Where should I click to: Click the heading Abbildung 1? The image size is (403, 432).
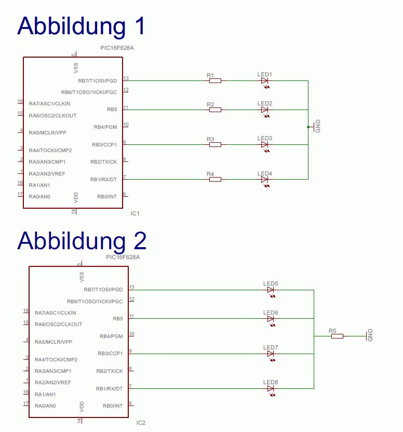[82, 26]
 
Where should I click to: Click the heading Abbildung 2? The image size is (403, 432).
[82, 241]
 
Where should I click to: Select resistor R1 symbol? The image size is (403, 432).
[215, 80]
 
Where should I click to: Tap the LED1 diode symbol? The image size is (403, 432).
[264, 80]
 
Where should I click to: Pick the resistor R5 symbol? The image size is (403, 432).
[337, 336]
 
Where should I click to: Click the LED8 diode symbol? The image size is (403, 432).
[271, 388]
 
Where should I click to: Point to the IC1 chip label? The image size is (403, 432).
[136, 213]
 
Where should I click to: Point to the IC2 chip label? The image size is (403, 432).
[141, 423]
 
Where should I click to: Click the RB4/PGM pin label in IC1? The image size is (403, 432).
[105, 127]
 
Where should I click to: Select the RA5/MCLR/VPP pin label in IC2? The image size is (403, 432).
[53, 342]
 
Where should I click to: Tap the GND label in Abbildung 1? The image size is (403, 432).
[318, 126]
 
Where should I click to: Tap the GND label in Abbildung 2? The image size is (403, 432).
[370, 335]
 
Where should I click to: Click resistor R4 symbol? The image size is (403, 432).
[215, 179]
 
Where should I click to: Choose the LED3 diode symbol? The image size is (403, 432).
[264, 144]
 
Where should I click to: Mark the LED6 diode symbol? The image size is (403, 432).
[271, 318]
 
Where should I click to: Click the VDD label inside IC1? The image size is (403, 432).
[76, 197]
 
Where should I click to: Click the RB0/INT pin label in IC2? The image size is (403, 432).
[113, 406]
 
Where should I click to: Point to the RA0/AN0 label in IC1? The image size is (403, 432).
[39, 197]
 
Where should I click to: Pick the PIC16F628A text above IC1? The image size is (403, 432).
[117, 48]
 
